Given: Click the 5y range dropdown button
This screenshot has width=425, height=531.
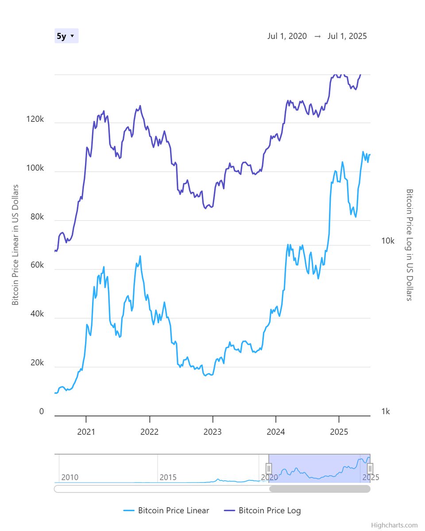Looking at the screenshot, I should (66, 36).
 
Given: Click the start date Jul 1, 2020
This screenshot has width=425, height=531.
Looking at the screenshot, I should (287, 36).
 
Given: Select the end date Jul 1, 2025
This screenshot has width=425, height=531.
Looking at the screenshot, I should (347, 36).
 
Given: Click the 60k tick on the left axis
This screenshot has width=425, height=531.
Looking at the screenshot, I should (36, 265).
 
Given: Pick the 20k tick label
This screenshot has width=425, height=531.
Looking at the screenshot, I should (36, 363).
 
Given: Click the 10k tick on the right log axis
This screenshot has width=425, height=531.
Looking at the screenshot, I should (388, 241).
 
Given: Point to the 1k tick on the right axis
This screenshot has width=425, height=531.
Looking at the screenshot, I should (386, 412).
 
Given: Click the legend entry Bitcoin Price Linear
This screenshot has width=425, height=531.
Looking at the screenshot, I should (173, 510).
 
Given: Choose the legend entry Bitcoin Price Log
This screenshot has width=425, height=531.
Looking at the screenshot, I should (269, 510).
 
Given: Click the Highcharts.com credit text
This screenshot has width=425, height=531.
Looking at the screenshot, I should (394, 525).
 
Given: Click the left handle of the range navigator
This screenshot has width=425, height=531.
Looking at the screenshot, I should (269, 468).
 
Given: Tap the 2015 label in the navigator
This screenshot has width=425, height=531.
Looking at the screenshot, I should (168, 477).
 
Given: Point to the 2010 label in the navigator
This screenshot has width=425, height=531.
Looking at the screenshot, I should (70, 477).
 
